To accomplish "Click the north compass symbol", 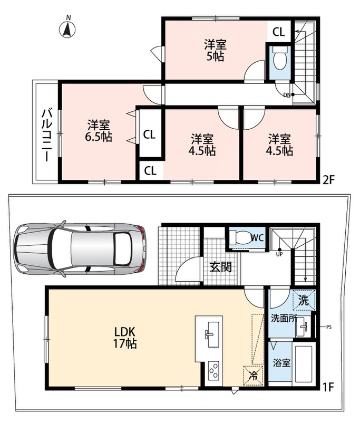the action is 67,28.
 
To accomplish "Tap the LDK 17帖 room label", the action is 125,338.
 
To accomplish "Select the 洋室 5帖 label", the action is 216,50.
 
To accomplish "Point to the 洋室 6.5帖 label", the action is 99,131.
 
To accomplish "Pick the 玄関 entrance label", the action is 220,267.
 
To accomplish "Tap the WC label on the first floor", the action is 257,237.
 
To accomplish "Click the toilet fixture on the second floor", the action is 280,58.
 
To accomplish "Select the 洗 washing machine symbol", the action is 304,300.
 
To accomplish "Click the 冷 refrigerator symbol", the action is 253,376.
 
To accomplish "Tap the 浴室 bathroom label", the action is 281,363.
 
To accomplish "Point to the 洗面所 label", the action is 284,319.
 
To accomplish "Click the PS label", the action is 328,327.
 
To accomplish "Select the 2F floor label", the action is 328,180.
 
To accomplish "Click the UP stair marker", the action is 279,254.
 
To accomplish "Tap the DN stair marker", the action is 287,95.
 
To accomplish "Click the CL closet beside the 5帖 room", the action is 278,32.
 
